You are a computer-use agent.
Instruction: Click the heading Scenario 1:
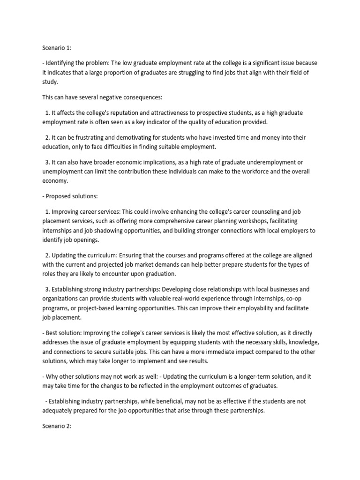(x=52, y=47)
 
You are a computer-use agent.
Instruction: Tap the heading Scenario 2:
(x=52, y=427)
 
